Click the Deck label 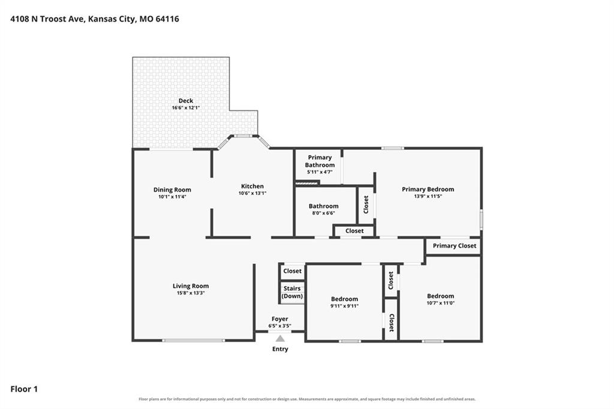(186, 101)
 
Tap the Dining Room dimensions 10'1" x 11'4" (172, 197)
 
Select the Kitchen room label (252, 186)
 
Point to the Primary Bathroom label (320, 161)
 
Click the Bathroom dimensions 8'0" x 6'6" (323, 213)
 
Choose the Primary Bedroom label (428, 190)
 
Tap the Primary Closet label (455, 246)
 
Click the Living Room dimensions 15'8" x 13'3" (191, 293)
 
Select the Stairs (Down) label (292, 292)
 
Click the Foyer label (279, 319)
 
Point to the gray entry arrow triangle (280, 338)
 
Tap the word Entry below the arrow (280, 348)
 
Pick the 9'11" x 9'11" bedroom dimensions (344, 306)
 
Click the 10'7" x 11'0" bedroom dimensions (441, 303)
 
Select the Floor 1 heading (24, 389)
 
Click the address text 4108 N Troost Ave (47, 19)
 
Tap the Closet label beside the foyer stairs (292, 270)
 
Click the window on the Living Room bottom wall (194, 341)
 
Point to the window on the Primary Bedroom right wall (481, 219)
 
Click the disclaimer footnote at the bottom (307, 399)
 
